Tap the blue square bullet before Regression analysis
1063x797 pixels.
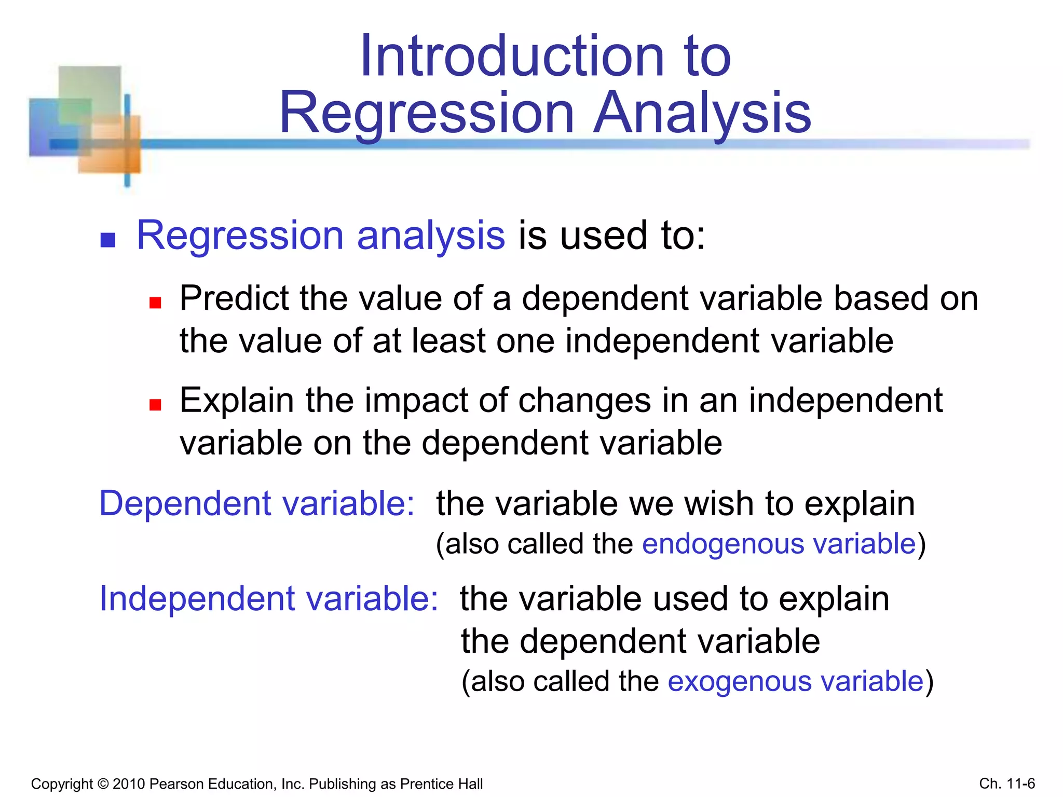(107, 240)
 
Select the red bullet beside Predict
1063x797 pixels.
(155, 303)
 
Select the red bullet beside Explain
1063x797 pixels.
(155, 404)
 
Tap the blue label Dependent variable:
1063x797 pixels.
(257, 503)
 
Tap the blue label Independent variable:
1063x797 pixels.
(268, 599)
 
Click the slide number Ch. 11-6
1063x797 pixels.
(1007, 783)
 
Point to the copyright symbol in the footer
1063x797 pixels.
(102, 784)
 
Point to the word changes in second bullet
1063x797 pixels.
(584, 401)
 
